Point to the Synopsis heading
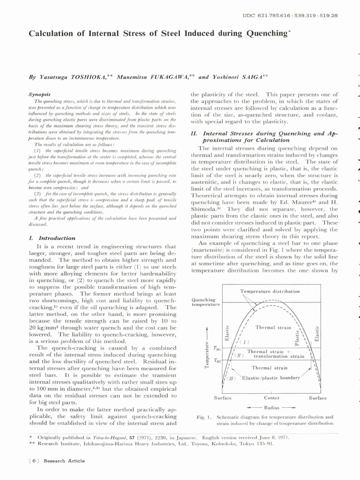(x=39, y=94)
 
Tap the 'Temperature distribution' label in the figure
(x=270, y=291)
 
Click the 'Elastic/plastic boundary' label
(x=270, y=377)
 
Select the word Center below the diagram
(x=271, y=398)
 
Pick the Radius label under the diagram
(x=271, y=407)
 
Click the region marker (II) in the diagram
(x=240, y=355)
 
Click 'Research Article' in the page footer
(x=64, y=461)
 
